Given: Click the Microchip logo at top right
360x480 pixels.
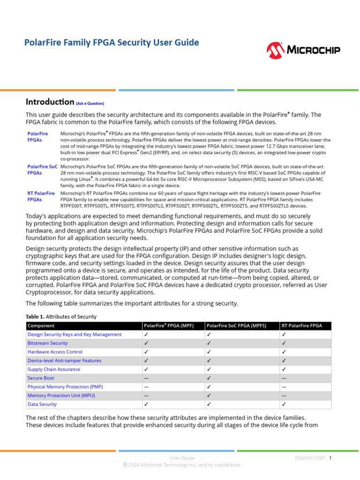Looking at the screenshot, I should [303, 50].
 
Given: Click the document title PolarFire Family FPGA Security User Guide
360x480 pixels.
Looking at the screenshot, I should [112, 43].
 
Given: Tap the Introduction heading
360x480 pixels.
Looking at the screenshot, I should [50, 102].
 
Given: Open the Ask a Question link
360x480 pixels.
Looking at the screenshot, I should [90, 103].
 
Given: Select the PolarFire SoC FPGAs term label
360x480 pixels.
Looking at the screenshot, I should [42, 170].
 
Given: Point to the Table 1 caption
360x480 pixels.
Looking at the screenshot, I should [61, 316].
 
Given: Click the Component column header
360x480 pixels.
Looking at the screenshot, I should [41, 325].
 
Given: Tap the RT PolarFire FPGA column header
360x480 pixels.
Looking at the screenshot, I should [302, 325].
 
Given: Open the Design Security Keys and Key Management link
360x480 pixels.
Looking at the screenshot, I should [75, 334].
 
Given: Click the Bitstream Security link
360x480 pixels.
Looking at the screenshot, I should [47, 343].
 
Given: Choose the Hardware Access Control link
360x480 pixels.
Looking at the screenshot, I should [55, 352].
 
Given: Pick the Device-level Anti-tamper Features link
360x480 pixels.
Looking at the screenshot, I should [64, 360].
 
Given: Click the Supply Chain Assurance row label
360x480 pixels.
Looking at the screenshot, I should [53, 369].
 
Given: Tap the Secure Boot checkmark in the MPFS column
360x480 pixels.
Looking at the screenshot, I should [209, 378].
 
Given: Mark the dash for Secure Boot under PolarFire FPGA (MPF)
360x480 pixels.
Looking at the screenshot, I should [146, 378].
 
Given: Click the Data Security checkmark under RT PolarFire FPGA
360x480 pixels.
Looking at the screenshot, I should [284, 404].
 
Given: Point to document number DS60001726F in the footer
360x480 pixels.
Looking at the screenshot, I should [310, 457].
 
